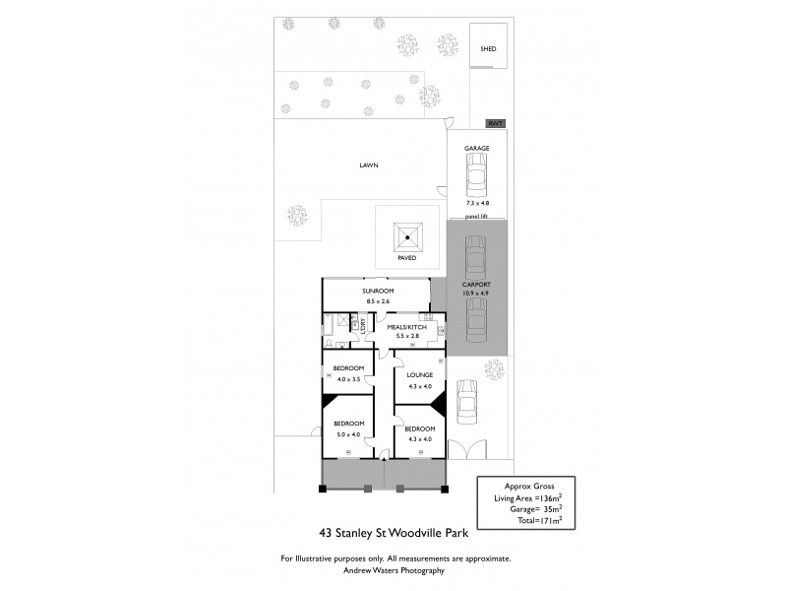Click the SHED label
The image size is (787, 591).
pos(488,48)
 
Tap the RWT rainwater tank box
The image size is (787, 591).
pos(496,124)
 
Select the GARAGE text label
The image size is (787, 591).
pos(477,148)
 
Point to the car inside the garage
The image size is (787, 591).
pos(477,177)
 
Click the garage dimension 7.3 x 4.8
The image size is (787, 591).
pos(477,203)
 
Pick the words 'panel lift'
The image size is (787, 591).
pos(477,215)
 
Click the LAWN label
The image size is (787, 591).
pos(368,165)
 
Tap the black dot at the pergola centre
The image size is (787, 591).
pos(406,236)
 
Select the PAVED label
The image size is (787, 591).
pos(406,258)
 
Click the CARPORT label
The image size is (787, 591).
pos(476,284)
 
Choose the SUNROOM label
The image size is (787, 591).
pos(378,293)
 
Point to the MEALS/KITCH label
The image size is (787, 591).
pos(405,327)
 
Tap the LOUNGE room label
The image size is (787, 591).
pos(421,375)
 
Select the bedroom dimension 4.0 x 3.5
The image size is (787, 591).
pos(350,378)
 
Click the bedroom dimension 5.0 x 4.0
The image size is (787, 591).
pos(349,434)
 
